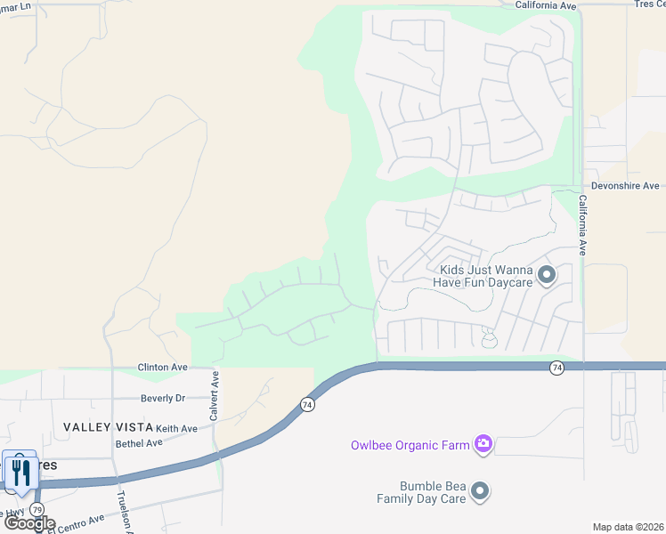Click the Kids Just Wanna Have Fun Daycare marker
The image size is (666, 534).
[x=547, y=275]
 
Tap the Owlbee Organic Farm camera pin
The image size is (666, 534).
[x=483, y=443]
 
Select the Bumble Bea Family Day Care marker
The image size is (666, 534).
[x=480, y=491]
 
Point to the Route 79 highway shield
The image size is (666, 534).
[x=37, y=509]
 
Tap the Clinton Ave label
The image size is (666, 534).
[x=162, y=367]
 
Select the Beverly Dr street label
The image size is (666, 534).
[x=163, y=399]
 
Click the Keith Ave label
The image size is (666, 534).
[x=176, y=428]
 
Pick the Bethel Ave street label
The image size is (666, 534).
[x=139, y=442]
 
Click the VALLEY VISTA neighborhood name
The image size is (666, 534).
[x=107, y=428]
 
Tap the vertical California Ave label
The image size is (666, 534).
[x=583, y=225]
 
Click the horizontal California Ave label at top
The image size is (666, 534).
[x=546, y=4]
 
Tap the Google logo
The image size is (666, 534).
[x=29, y=523]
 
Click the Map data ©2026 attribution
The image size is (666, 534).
[x=628, y=527]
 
